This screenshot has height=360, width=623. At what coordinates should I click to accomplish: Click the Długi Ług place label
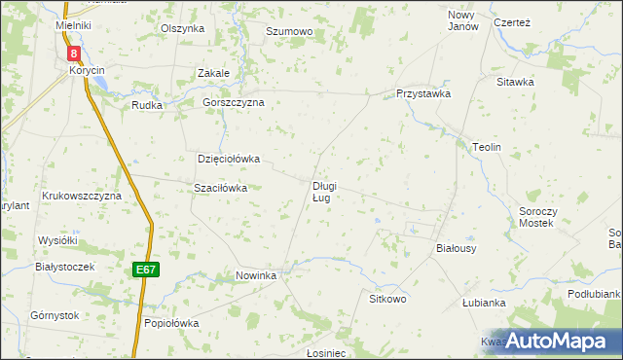coord(324,192)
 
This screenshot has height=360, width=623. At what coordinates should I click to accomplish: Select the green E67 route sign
coord(145,270)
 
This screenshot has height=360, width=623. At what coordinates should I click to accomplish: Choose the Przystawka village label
coord(422,94)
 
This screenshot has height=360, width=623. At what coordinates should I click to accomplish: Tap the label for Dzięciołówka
coord(229,159)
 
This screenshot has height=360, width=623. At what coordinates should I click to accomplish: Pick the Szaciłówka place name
coord(220,188)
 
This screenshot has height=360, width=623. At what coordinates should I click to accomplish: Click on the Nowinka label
coord(257,276)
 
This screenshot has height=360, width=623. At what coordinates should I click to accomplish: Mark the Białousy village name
coord(455,249)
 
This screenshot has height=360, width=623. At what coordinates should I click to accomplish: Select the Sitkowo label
coord(386,298)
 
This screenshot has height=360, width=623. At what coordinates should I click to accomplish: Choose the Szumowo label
coord(289,32)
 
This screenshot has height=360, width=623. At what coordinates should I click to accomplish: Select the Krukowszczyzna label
coord(81,196)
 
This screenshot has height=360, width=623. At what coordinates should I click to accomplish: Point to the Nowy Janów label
coord(463,20)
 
